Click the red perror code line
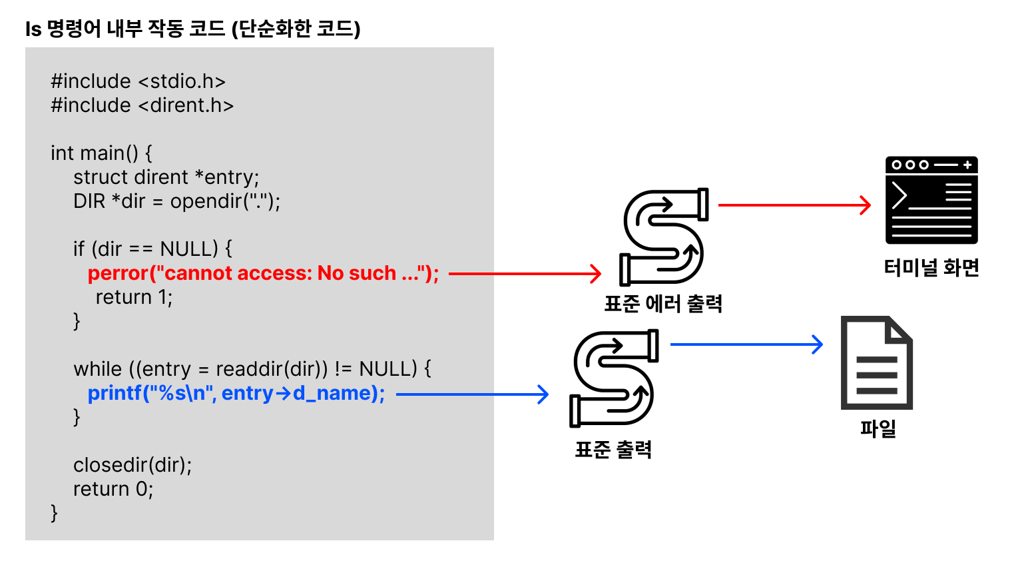pos(263,273)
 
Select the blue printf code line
pos(236,393)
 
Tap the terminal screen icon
pos(931,200)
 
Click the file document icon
pos(876,362)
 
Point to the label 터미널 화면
pos(931,268)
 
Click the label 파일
pos(878,428)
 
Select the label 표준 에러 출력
pos(663,304)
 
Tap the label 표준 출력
pos(613,450)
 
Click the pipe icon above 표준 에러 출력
pos(663,237)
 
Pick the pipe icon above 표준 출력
pos(613,378)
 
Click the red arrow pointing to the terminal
pos(794,205)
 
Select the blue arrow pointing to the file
pos(746,344)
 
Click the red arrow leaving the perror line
pos(525,273)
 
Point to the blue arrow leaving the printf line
pos(471,394)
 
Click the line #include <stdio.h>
pos(138,81)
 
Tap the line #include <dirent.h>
pos(142,105)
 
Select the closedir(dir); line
pos(132,464)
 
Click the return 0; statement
pos(113,489)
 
